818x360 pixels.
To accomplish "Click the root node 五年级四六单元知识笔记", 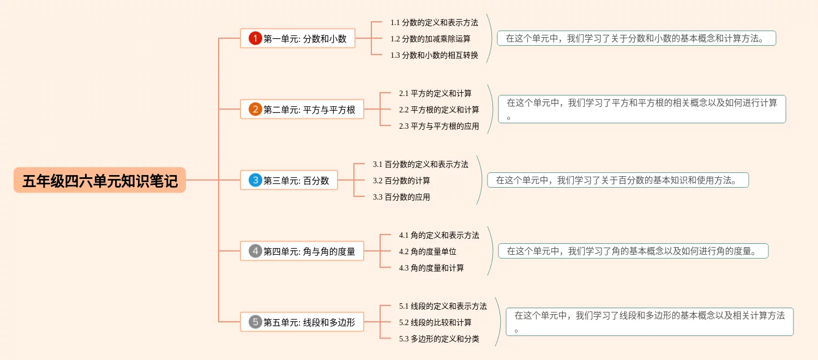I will [100, 181].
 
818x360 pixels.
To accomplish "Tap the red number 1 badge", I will [255, 38].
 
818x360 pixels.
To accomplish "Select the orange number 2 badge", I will [255, 109].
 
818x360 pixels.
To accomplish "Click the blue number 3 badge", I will [255, 180].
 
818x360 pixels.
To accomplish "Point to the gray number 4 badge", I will [255, 251].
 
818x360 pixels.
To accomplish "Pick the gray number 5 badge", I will [255, 322].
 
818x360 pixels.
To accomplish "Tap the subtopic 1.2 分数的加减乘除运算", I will [430, 39].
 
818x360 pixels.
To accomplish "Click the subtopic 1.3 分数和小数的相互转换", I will [434, 55].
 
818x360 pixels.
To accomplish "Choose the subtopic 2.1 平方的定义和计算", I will [435, 93].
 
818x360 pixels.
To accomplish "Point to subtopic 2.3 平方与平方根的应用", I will [439, 126].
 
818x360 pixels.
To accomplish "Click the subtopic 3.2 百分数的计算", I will [401, 181].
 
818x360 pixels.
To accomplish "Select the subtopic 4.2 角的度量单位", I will [428, 251].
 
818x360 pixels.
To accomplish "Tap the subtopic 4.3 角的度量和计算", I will [431, 268].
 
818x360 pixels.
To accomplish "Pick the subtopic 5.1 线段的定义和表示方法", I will [443, 306].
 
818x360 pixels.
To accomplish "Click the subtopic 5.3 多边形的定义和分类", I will [439, 339].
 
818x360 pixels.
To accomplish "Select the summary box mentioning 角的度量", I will [633, 251].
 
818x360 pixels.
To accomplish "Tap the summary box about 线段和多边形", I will [649, 322].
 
